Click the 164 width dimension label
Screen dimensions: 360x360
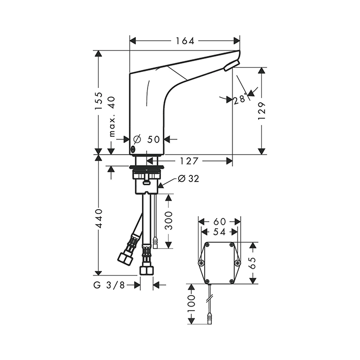(185, 41)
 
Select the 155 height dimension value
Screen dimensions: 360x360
(99, 101)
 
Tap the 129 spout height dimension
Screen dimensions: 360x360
(261, 111)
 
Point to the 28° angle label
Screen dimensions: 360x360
(241, 99)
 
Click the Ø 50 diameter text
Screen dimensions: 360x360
(147, 139)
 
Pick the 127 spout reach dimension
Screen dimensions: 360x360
(189, 161)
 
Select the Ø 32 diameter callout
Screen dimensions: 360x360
(189, 178)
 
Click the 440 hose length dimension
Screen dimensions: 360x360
(99, 218)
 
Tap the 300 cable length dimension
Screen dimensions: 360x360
(169, 221)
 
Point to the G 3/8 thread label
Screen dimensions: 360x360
(109, 285)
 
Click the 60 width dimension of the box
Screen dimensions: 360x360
(220, 222)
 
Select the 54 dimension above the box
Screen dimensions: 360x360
(219, 232)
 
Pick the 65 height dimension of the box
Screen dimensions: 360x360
(253, 263)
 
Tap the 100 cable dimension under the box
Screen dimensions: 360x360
(191, 303)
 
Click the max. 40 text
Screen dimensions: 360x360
(112, 117)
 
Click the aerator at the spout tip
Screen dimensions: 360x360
(231, 65)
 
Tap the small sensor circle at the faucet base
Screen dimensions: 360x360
(133, 150)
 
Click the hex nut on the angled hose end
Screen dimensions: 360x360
(125, 259)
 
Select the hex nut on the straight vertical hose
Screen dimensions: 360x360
(147, 270)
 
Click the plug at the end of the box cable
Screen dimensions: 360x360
(210, 318)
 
